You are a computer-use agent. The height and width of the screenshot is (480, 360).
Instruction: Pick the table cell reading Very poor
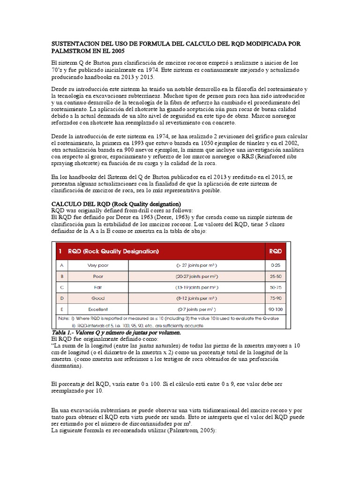tap(98, 265)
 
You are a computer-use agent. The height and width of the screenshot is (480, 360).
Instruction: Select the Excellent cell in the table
tap(97, 309)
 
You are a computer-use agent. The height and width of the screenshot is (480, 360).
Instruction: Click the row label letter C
tap(60, 287)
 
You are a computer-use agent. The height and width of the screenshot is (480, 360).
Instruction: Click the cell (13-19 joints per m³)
tap(196, 287)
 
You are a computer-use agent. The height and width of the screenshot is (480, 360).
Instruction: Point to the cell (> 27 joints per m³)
tap(196, 265)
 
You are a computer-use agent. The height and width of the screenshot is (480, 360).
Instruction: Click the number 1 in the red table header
tap(60, 251)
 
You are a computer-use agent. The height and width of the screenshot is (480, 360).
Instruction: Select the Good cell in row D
tap(98, 298)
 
